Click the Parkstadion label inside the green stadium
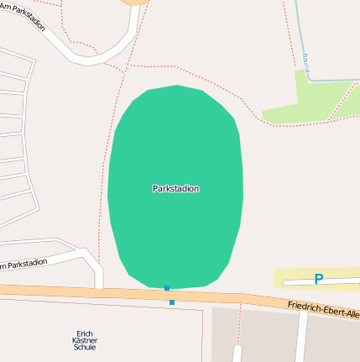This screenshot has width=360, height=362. [x=175, y=189]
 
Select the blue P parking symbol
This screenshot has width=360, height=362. [x=318, y=279]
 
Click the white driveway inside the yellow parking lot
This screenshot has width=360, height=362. [x=294, y=279]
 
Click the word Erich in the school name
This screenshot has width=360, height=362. [x=85, y=333]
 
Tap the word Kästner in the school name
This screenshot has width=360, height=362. [x=85, y=340]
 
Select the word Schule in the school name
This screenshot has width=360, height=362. [x=85, y=347]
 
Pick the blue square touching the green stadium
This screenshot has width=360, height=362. [x=167, y=288]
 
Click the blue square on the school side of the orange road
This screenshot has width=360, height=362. [x=172, y=302]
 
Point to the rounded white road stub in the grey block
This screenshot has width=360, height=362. [x=237, y=352]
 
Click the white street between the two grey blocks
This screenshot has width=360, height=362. [x=300, y=336]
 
